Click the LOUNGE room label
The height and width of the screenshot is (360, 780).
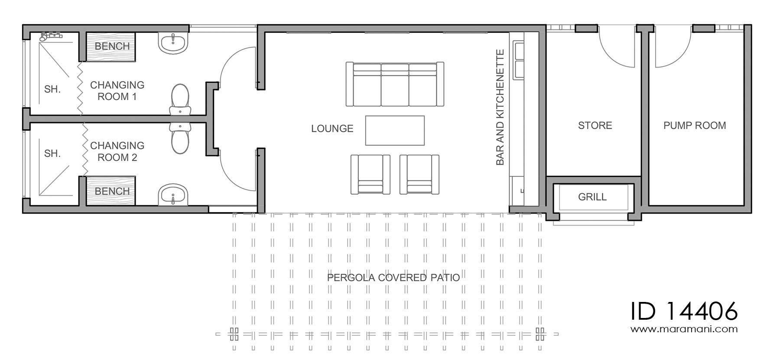(332, 129)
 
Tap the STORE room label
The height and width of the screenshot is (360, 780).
(595, 126)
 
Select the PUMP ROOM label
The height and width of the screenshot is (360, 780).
(695, 126)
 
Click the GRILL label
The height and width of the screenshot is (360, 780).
(592, 197)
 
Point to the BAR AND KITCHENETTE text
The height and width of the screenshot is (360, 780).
(500, 107)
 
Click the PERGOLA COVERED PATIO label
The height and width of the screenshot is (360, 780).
(393, 277)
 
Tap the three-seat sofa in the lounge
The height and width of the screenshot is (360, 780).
(395, 84)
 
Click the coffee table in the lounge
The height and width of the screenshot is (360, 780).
(395, 130)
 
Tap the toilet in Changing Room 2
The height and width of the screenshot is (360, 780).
(180, 137)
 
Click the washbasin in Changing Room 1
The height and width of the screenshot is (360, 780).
(173, 43)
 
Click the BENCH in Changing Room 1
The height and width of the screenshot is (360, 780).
(111, 46)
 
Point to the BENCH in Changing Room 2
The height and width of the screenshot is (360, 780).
(111, 191)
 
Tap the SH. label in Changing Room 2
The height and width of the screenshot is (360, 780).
(52, 153)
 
